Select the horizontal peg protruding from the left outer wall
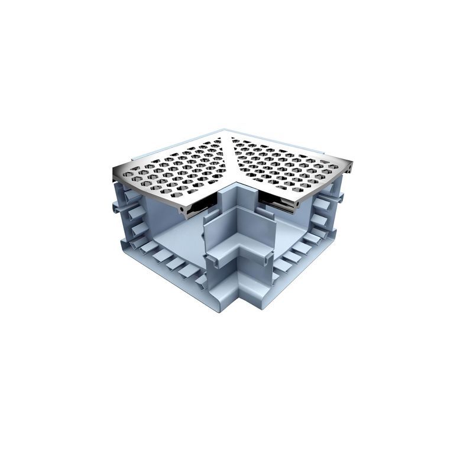115,208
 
